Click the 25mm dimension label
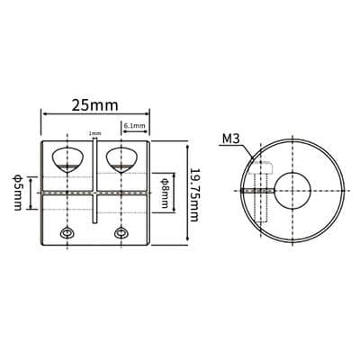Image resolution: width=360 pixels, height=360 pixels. pyautogui.click(x=94, y=105)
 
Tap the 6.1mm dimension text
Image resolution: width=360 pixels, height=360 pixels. pyautogui.click(x=135, y=126)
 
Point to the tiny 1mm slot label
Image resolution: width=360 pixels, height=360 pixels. pyautogui.click(x=94, y=133)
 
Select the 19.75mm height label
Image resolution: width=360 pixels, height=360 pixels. pyautogui.click(x=194, y=194)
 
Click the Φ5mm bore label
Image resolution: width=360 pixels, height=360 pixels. pyautogui.click(x=17, y=193)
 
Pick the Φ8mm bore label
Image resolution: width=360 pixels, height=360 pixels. pyautogui.click(x=165, y=193)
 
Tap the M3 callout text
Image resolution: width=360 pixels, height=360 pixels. pyautogui.click(x=231, y=139)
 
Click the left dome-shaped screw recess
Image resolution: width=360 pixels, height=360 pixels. pyautogui.click(x=68, y=160)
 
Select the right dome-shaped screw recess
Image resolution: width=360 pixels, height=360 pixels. pyautogui.click(x=121, y=160)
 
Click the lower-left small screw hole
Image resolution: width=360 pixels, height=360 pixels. pyautogui.click(x=67, y=233)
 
